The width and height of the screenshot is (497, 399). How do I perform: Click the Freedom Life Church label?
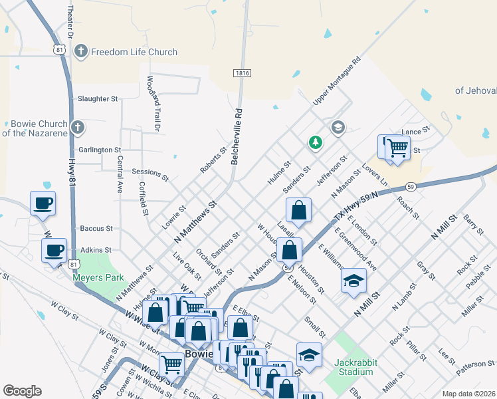tap(134, 52)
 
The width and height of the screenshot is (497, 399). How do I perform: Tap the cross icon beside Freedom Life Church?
tap(81, 51)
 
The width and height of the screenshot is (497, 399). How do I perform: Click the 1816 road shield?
tap(242, 72)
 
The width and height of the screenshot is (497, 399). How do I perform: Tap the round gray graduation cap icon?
tap(338, 128)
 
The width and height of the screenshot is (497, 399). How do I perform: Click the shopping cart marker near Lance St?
tap(397, 148)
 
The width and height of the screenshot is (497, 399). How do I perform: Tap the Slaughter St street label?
tap(98, 98)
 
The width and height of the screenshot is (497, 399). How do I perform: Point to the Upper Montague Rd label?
tap(336, 80)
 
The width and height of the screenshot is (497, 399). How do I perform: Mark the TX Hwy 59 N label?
tap(356, 205)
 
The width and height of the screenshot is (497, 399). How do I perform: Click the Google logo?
tap(23, 391)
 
